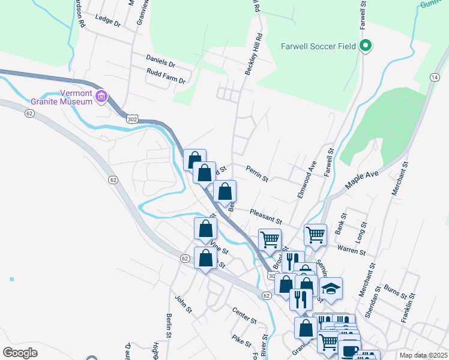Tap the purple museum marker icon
tap(101, 97)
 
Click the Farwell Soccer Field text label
tap(319, 46)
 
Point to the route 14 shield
tap(434, 77)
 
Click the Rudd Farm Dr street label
tap(166, 76)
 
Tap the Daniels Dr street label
tap(160, 61)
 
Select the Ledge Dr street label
tap(108, 25)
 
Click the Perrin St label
tap(257, 174)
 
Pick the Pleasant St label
tap(267, 215)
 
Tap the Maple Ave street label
tap(363, 178)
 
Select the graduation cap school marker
tap(331, 289)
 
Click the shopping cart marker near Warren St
tap(315, 234)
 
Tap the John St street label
tap(183, 304)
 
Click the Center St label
tap(244, 316)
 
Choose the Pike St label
tap(243, 341)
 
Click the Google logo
tap(20, 353)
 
